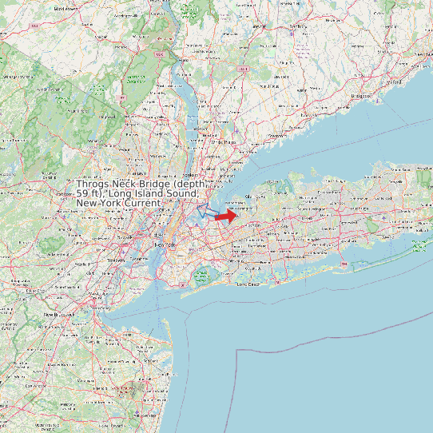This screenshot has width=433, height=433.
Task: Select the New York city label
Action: point(164,244)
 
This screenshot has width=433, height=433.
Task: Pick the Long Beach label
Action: point(249,284)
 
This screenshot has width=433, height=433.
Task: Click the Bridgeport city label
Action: point(362,95)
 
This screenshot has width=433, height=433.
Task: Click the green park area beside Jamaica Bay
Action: point(202,276)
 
